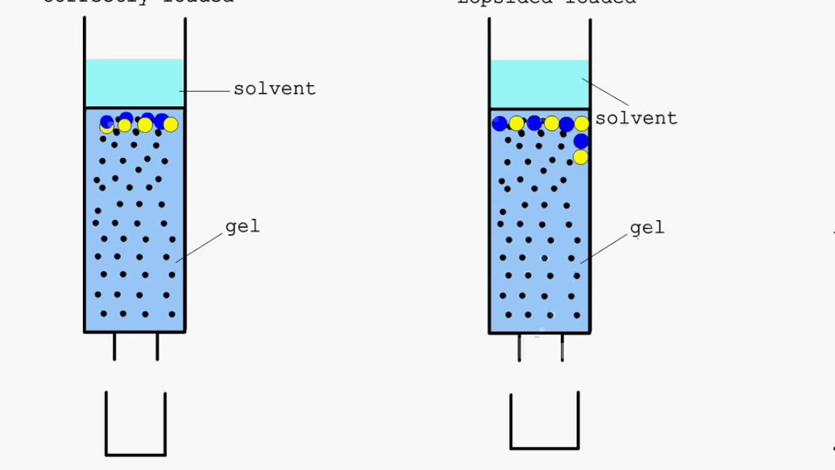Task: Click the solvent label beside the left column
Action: (274, 89)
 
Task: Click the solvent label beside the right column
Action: (636, 118)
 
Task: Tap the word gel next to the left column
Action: (243, 227)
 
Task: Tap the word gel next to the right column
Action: (647, 228)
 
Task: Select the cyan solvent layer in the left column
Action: (135, 83)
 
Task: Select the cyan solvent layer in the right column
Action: (539, 84)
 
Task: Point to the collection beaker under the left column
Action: (136, 424)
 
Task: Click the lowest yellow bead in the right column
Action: (581, 157)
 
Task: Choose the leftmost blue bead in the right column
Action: (500, 123)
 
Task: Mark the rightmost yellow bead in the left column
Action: (171, 124)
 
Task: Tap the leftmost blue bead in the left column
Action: (107, 121)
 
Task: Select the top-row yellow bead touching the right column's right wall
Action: (582, 123)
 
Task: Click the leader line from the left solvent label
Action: (205, 91)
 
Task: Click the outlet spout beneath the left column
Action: (136, 347)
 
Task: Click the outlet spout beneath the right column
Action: (541, 347)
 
